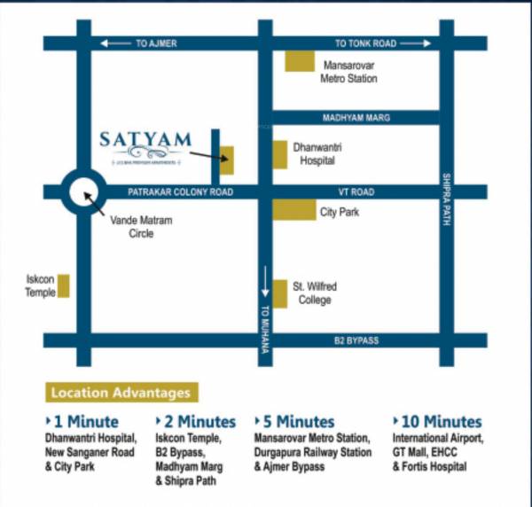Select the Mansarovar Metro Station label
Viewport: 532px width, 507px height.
[x=348, y=72]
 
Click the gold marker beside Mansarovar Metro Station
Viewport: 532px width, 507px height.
[x=300, y=62]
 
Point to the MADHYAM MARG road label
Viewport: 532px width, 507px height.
[x=356, y=118]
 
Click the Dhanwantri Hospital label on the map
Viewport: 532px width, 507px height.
[x=317, y=154]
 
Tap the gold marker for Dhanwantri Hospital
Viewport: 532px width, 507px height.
[x=279, y=154]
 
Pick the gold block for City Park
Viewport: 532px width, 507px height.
[x=293, y=210]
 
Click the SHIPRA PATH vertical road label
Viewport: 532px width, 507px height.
[x=447, y=199]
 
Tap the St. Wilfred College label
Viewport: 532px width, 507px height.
[x=315, y=293]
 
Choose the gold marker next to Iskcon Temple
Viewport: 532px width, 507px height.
[x=64, y=286]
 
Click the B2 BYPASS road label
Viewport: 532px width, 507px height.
[x=356, y=341]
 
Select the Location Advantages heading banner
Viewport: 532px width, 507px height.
[x=121, y=392]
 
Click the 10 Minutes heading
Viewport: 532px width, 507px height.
[x=437, y=422]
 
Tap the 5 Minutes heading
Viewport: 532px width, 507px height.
[x=299, y=422]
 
